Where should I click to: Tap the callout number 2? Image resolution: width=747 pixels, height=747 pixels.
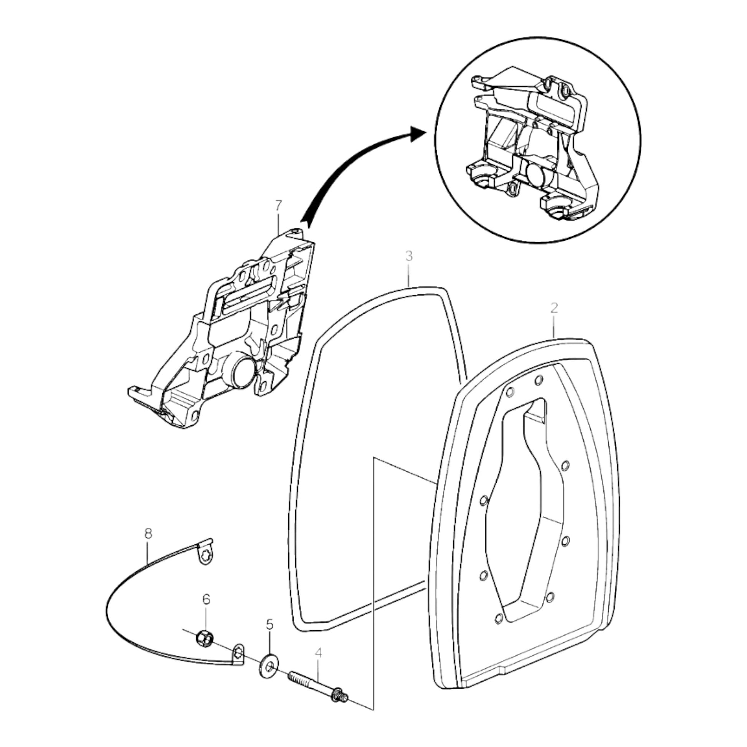click(x=554, y=308)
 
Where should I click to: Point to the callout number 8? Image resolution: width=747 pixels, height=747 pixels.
click(x=148, y=534)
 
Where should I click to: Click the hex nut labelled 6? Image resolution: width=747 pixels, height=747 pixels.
click(x=204, y=638)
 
